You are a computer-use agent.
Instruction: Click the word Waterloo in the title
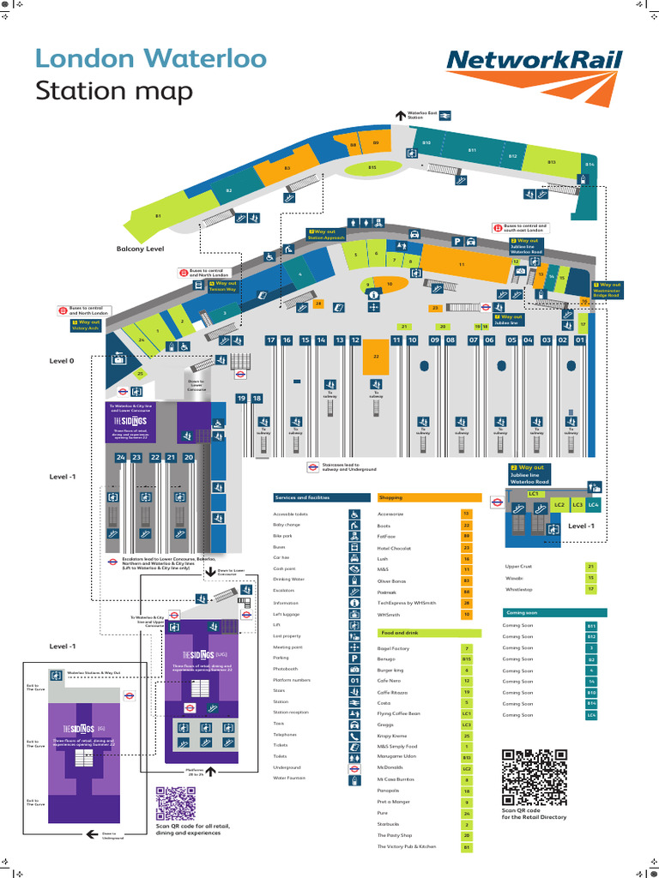click(148, 59)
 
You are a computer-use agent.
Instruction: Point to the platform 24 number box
click(121, 458)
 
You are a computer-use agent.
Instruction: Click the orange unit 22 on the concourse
click(375, 357)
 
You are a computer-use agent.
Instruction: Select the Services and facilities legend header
click(318, 497)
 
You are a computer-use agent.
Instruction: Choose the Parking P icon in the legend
click(354, 658)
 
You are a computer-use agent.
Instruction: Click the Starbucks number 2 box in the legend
click(467, 824)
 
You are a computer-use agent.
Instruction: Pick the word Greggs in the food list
click(386, 725)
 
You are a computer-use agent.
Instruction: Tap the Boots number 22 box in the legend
click(467, 525)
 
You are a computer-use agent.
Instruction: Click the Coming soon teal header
click(554, 613)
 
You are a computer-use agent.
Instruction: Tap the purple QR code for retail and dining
click(177, 804)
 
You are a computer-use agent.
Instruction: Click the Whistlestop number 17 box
click(590, 590)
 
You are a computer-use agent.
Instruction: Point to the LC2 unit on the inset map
click(559, 506)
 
